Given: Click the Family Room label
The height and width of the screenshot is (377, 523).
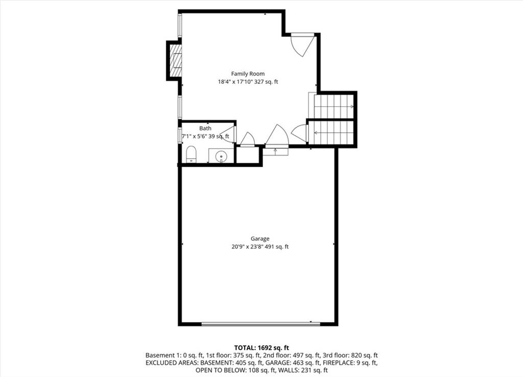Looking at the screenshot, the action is (248, 74).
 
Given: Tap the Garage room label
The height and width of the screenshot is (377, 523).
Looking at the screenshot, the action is (260, 239).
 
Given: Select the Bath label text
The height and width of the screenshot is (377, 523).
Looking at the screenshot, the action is (205, 128).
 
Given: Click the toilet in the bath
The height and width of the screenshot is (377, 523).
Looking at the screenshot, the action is (192, 155).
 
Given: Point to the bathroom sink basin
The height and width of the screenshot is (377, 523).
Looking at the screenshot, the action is (221, 156).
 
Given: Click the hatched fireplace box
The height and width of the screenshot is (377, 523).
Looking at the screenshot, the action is (176, 60).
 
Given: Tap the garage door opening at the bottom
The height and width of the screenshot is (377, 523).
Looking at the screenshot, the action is (260, 324).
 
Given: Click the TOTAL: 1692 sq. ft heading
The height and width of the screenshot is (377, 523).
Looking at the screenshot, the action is (261, 348).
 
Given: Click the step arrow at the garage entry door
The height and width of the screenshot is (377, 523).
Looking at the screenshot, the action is (275, 152).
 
